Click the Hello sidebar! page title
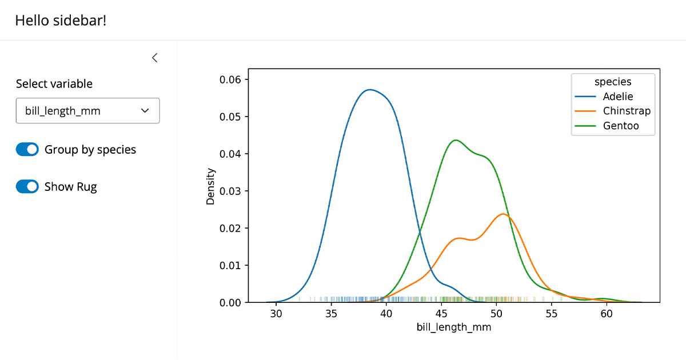[x=61, y=21]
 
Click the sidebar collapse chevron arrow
[x=154, y=58]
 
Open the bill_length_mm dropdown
[x=87, y=111]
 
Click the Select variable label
[x=54, y=84]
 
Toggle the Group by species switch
[x=27, y=150]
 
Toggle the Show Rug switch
[x=27, y=187]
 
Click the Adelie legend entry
[x=617, y=97]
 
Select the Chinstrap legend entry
[x=626, y=111]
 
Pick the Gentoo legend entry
[x=620, y=126]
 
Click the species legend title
[x=613, y=82]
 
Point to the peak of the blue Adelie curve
[x=370, y=90]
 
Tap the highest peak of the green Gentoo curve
[x=455, y=140]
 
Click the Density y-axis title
[x=210, y=186]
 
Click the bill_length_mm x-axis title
[x=454, y=327]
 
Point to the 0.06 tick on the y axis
[x=230, y=79]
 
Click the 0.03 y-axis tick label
[x=230, y=191]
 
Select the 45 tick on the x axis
[x=441, y=314]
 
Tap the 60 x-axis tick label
[x=607, y=314]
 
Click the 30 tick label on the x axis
[x=276, y=314]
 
